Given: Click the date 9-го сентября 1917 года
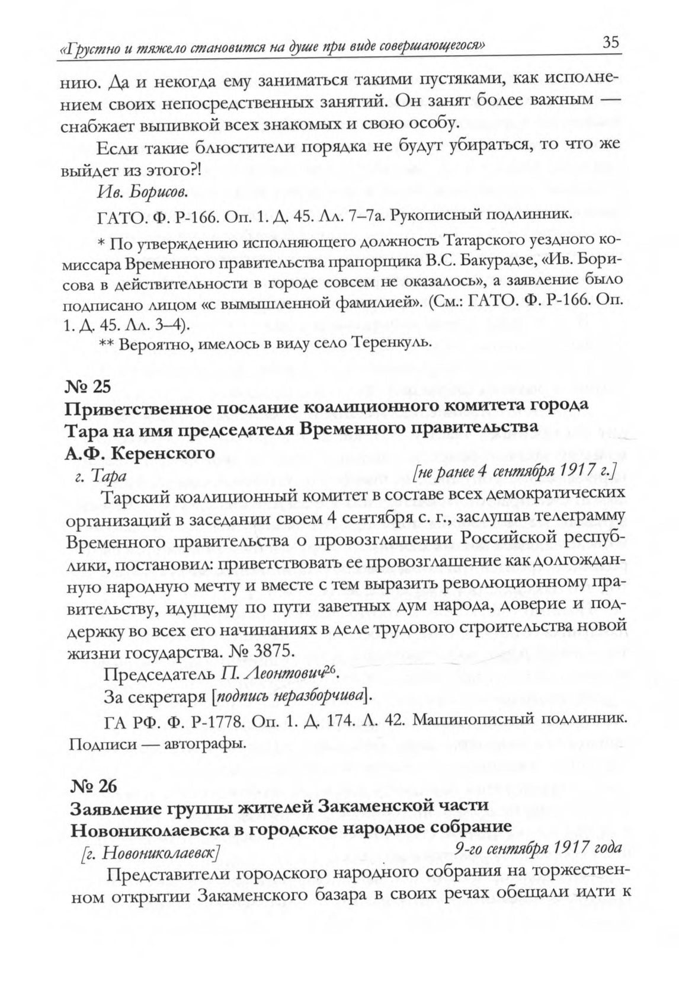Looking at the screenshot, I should [538, 849].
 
